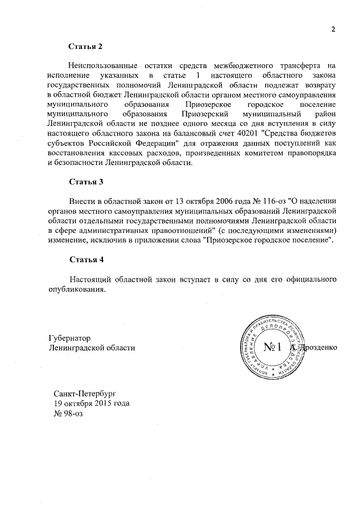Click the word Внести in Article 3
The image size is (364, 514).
click(x=81, y=201)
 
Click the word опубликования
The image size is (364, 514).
click(x=77, y=290)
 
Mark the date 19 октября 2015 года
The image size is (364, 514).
click(x=91, y=403)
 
